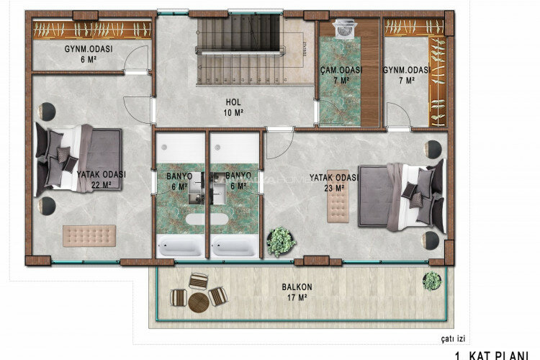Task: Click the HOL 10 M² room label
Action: [x=233, y=107]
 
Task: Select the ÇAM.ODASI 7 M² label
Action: [x=341, y=75]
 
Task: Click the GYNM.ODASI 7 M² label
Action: [x=406, y=75]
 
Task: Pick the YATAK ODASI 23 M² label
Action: [x=333, y=181]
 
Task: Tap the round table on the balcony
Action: [x=197, y=299]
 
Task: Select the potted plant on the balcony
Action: [x=432, y=280]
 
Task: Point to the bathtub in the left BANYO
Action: [x=180, y=247]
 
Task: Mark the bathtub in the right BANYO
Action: [x=234, y=247]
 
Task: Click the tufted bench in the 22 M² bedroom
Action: [x=89, y=235]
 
